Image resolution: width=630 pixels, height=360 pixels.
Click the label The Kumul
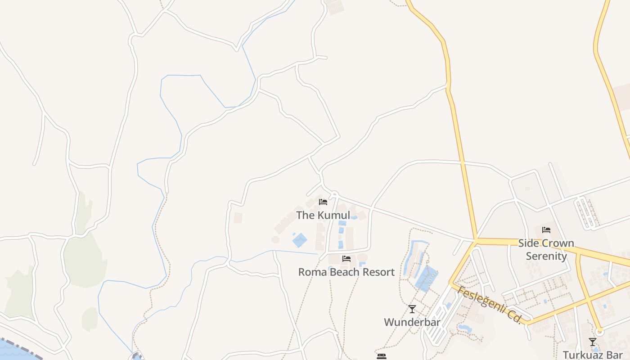click(323, 215)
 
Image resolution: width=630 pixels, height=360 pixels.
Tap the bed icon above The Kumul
click(323, 202)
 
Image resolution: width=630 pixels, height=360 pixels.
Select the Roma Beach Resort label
click(346, 272)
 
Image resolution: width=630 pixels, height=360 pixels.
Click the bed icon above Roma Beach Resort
click(346, 259)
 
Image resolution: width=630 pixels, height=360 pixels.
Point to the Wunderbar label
click(412, 322)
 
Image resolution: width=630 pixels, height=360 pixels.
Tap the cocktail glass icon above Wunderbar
click(412, 309)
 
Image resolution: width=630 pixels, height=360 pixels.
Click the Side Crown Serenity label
click(546, 250)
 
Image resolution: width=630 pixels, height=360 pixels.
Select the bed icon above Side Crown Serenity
click(546, 230)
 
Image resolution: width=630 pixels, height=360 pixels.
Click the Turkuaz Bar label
click(592, 354)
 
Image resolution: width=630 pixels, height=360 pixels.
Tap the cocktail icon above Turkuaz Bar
click(593, 342)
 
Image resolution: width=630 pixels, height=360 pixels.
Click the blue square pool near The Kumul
click(300, 240)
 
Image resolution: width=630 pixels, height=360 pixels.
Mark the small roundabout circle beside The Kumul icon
click(334, 195)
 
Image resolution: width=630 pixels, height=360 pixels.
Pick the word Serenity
click(546, 256)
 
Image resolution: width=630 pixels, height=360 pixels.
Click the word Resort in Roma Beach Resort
click(378, 272)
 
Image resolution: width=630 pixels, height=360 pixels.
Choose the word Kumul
click(333, 215)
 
